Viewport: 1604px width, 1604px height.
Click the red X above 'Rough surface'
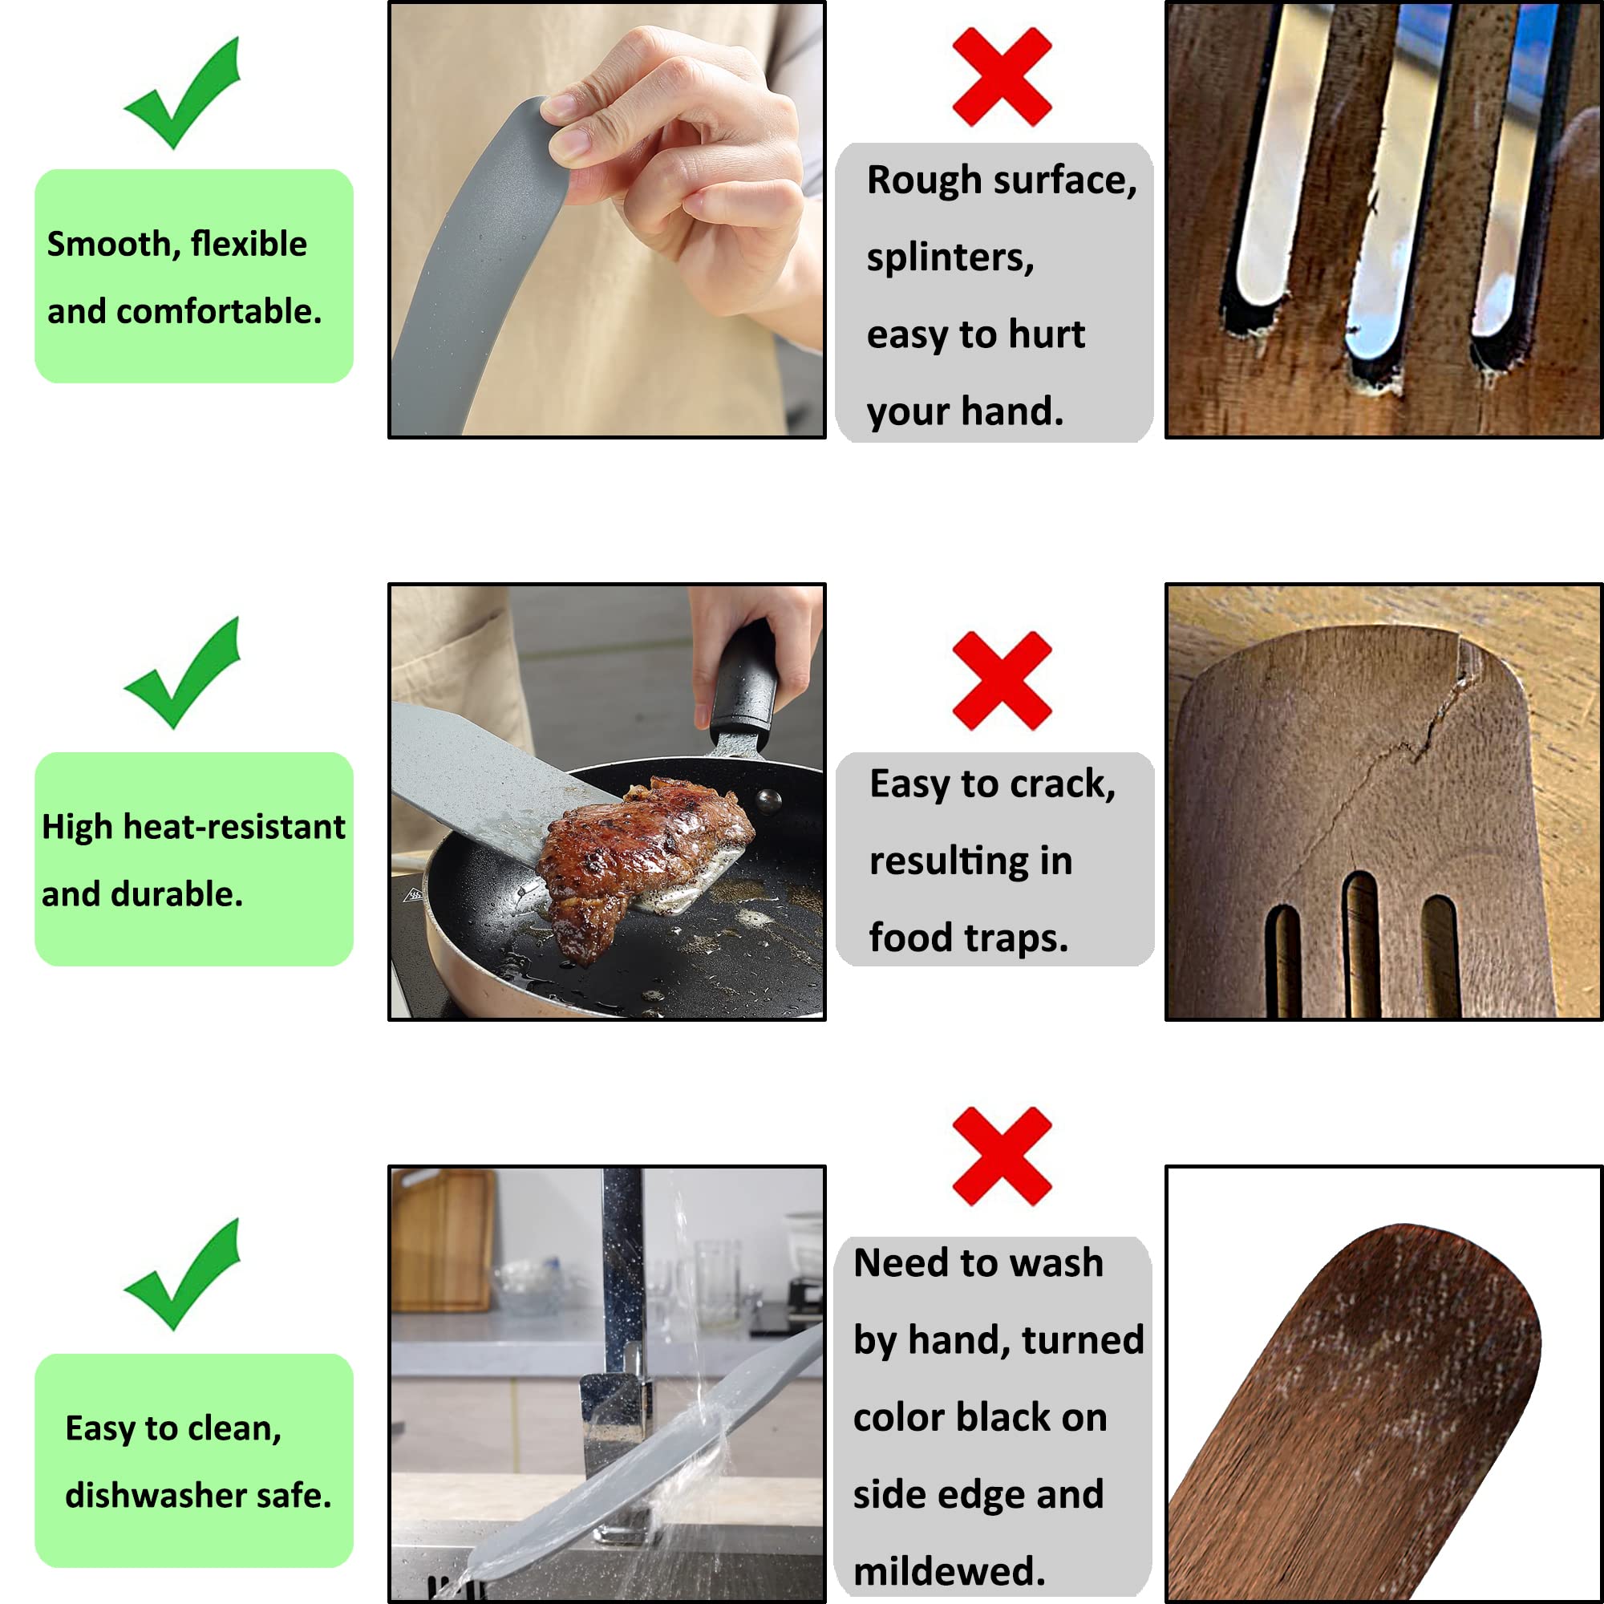click(x=1002, y=76)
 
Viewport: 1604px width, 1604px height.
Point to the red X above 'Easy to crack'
click(x=1002, y=681)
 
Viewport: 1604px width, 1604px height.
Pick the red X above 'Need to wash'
click(x=1002, y=1156)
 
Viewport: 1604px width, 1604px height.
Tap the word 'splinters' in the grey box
click(x=950, y=258)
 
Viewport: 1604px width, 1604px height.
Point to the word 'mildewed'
click(x=948, y=1572)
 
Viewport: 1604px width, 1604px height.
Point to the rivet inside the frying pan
click(x=769, y=801)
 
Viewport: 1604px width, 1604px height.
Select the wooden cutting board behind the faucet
click(x=443, y=1241)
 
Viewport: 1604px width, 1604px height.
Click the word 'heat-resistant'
click(x=233, y=828)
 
